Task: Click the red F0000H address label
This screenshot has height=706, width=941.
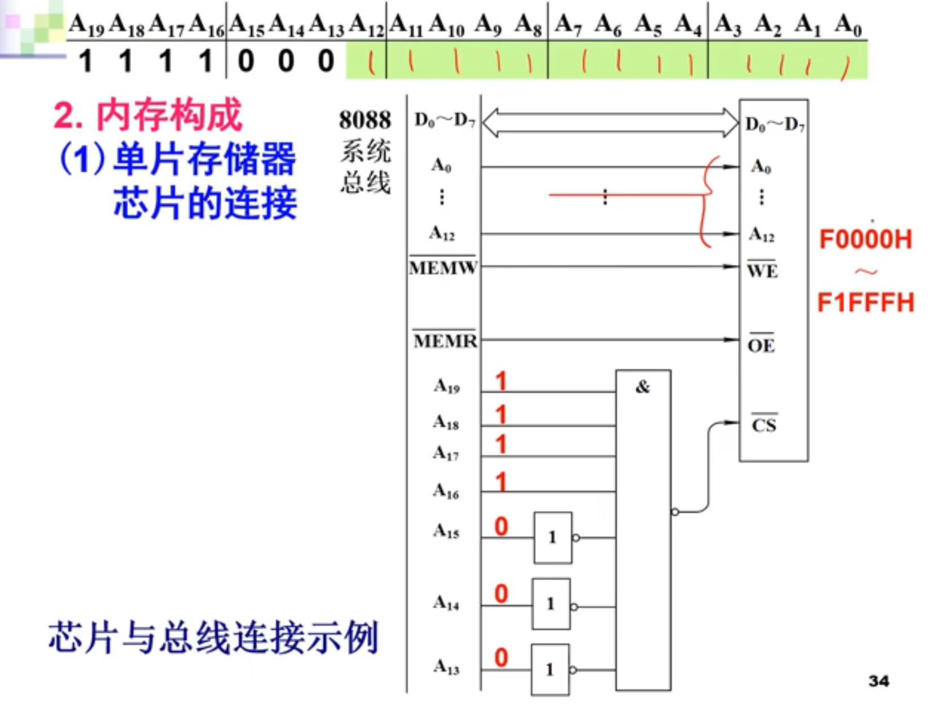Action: [x=865, y=239]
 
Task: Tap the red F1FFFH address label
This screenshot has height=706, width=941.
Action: [x=865, y=303]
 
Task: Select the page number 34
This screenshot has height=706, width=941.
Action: [x=878, y=681]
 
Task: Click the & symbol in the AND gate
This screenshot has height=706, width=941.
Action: [x=643, y=387]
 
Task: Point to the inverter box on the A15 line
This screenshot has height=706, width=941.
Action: [x=553, y=538]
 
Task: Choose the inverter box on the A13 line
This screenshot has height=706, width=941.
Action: [x=550, y=670]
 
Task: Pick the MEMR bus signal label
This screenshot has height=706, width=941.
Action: [x=445, y=340]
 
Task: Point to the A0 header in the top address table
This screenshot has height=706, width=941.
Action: [x=848, y=25]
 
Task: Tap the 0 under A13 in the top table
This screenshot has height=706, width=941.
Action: [x=326, y=60]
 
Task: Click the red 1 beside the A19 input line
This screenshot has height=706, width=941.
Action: [x=500, y=382]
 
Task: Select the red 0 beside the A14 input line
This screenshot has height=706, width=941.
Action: [x=501, y=594]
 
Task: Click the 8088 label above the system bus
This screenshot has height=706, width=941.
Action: [x=364, y=120]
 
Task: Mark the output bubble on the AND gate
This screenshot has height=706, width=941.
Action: [x=675, y=512]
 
